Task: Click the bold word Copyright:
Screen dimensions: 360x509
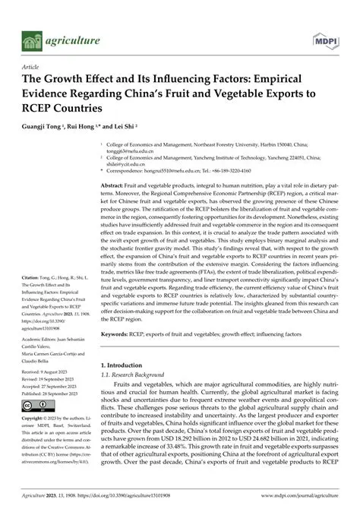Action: [34, 419]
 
